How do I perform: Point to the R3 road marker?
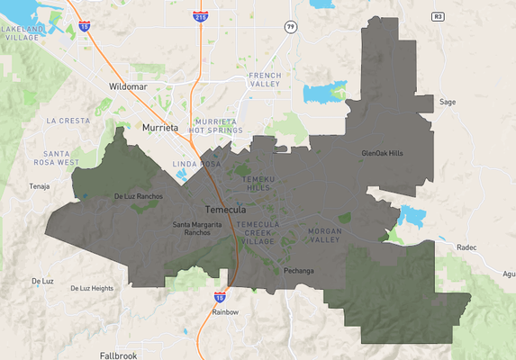pyautogui.click(x=438, y=16)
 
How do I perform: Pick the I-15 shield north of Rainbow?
pyautogui.click(x=220, y=296)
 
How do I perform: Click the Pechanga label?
pyautogui.click(x=298, y=270)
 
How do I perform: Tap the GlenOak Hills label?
pyautogui.click(x=382, y=153)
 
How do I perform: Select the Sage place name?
pyautogui.click(x=448, y=102)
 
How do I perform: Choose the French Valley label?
pyautogui.click(x=266, y=79)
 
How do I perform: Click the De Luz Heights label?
pyautogui.click(x=91, y=288)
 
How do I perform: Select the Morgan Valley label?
pyautogui.click(x=325, y=236)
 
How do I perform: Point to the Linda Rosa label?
pyautogui.click(x=196, y=164)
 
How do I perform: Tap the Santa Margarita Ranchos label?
pyautogui.click(x=192, y=228)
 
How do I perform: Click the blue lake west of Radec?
pyautogui.click(x=412, y=216)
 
